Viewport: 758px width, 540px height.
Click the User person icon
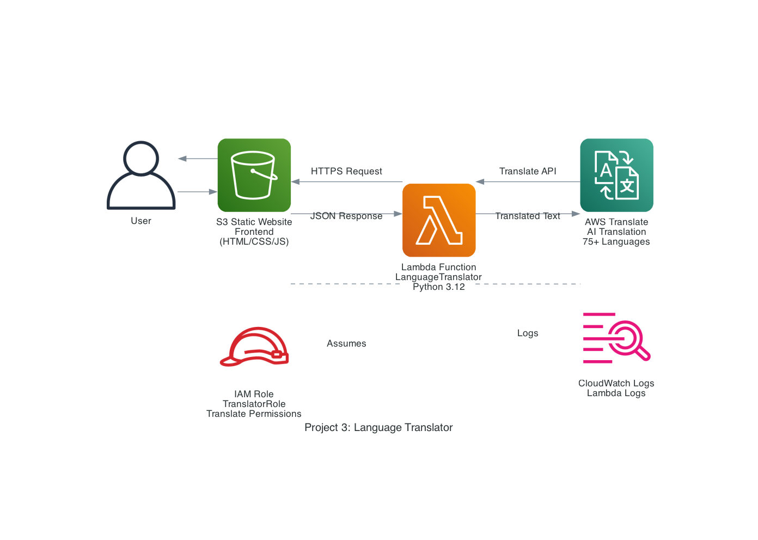click(x=141, y=175)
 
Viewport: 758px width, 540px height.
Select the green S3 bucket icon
click(x=254, y=175)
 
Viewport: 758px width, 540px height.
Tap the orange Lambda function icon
click(x=439, y=220)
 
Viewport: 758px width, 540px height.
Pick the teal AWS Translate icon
click(x=616, y=175)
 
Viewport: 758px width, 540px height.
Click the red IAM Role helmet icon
click(x=254, y=347)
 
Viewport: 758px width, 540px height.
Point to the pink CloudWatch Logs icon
click(x=616, y=338)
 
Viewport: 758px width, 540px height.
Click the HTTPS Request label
click(x=346, y=171)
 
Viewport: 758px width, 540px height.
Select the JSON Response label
click(x=346, y=216)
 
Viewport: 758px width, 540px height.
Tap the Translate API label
click(x=528, y=171)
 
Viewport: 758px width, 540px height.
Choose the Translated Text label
click(x=528, y=216)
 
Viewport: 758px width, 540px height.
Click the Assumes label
click(x=346, y=343)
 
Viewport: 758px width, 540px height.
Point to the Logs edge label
click(x=528, y=333)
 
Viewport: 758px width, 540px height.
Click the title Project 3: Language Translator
click(x=378, y=427)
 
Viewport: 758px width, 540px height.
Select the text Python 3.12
click(x=439, y=287)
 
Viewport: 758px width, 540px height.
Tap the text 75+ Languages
click(x=616, y=241)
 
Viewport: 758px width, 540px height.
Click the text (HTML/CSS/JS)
click(x=254, y=241)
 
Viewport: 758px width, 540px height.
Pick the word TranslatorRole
click(x=254, y=404)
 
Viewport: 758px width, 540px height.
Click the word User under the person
click(x=141, y=221)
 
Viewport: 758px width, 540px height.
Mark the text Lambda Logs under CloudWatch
click(x=616, y=393)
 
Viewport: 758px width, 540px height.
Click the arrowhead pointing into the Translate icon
click(x=576, y=214)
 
